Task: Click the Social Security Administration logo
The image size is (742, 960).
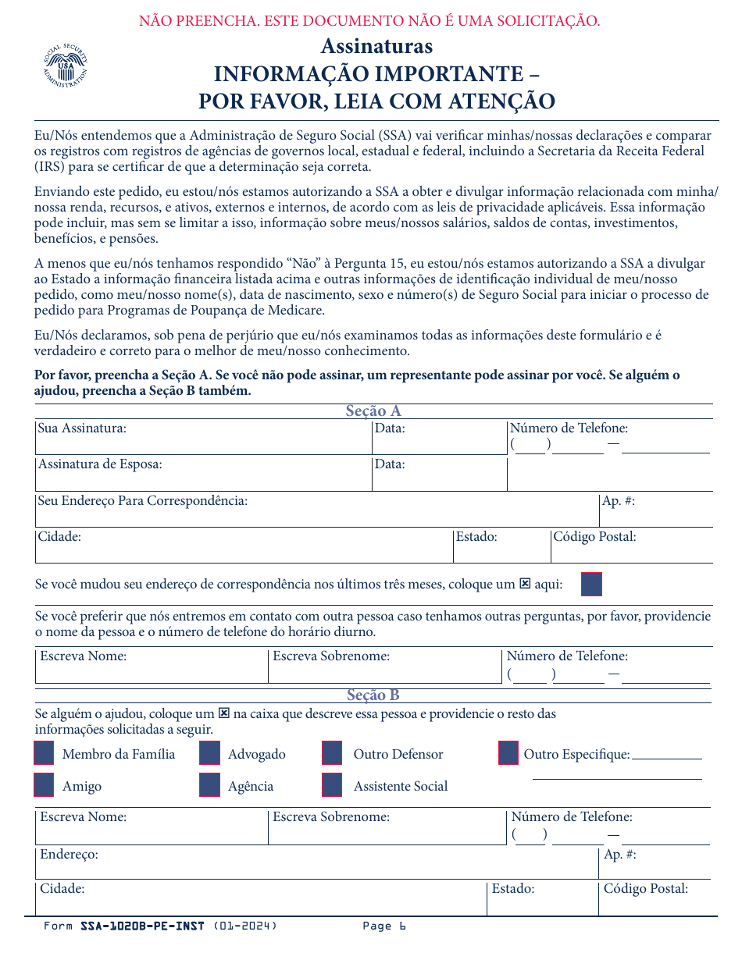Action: tap(66, 66)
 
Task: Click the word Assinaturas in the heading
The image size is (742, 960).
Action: tap(376, 46)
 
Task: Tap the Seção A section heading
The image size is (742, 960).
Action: tap(373, 411)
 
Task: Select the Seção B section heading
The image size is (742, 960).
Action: tap(373, 695)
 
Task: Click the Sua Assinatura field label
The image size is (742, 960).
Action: tap(82, 428)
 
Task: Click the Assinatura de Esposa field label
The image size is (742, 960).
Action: tap(100, 464)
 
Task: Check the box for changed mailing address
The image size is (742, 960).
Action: tap(592, 584)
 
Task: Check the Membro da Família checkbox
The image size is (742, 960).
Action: tap(45, 753)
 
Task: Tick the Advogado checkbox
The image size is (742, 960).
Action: tap(209, 753)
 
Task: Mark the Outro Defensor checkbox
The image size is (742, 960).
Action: tap(332, 753)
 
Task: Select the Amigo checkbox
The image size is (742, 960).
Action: tap(45, 785)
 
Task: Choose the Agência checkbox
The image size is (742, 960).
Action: tap(209, 785)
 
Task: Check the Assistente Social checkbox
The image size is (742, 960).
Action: tap(332, 785)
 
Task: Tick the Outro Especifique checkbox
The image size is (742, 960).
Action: tap(508, 753)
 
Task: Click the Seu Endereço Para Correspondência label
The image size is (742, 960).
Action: tap(143, 501)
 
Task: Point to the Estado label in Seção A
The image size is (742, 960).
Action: tap(476, 537)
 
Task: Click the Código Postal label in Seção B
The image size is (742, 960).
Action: tap(645, 889)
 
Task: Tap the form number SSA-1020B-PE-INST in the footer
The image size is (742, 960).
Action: tap(142, 926)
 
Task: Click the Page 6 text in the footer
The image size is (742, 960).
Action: tap(384, 926)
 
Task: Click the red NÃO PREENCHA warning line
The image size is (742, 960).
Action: tap(369, 21)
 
